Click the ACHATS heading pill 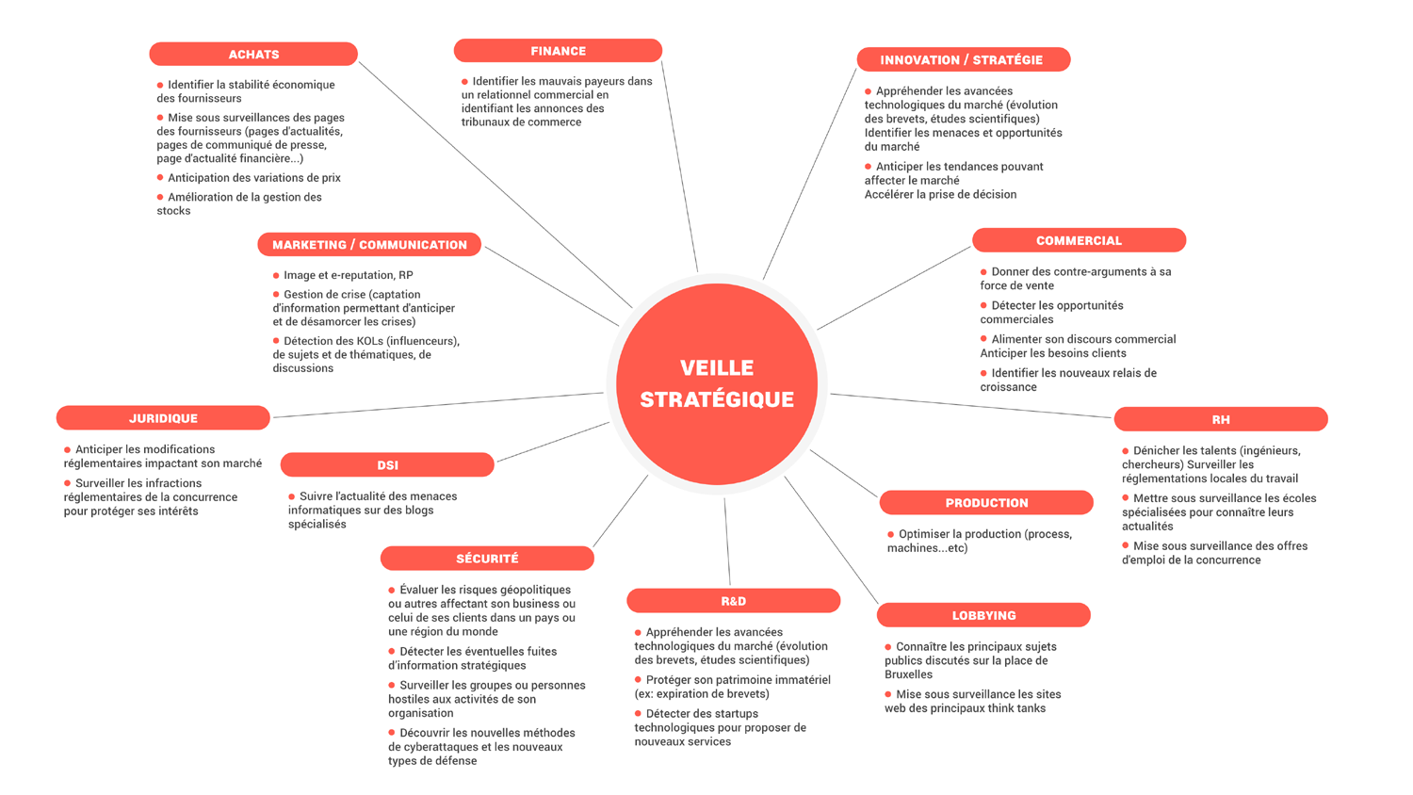[x=253, y=55]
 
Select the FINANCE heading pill [x=558, y=51]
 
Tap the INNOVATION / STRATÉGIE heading [x=962, y=60]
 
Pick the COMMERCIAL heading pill [x=1079, y=241]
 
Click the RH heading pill [x=1221, y=419]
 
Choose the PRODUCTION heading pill [x=986, y=503]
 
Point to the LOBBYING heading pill [x=983, y=615]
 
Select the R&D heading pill [x=733, y=601]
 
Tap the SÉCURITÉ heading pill [x=487, y=559]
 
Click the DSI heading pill [x=387, y=465]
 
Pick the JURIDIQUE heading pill [x=163, y=418]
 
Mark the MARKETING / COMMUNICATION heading [x=369, y=245]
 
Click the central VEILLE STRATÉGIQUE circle [x=717, y=383]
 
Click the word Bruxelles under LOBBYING [x=908, y=674]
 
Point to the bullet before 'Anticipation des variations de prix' [x=160, y=177]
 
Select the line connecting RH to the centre [x=970, y=405]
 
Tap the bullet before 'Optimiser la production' [x=891, y=534]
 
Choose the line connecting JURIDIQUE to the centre [x=438, y=405]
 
